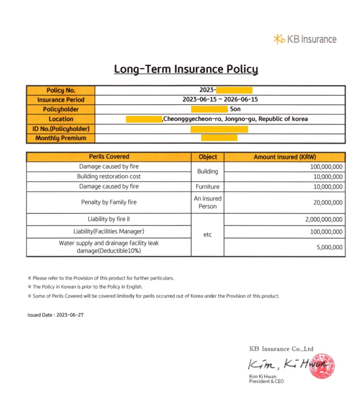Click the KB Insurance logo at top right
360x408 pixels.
[305, 39]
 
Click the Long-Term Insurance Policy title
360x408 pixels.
[186, 69]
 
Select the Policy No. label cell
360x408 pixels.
[61, 90]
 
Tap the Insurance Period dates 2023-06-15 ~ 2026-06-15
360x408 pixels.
[220, 100]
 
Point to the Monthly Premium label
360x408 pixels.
[61, 138]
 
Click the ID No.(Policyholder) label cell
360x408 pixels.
[61, 128]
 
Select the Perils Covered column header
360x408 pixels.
[109, 157]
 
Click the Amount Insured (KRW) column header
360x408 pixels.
[284, 157]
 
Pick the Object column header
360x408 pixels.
[207, 157]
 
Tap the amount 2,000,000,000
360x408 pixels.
[324, 220]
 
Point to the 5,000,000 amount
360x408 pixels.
[329, 247]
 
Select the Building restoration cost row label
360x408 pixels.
[109, 177]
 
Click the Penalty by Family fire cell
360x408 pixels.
[109, 203]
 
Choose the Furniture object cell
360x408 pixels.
[207, 187]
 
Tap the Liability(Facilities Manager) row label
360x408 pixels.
[109, 231]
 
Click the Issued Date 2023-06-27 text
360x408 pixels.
[55, 315]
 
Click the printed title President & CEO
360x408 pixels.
[266, 381]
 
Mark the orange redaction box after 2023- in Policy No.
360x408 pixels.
[234, 90]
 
